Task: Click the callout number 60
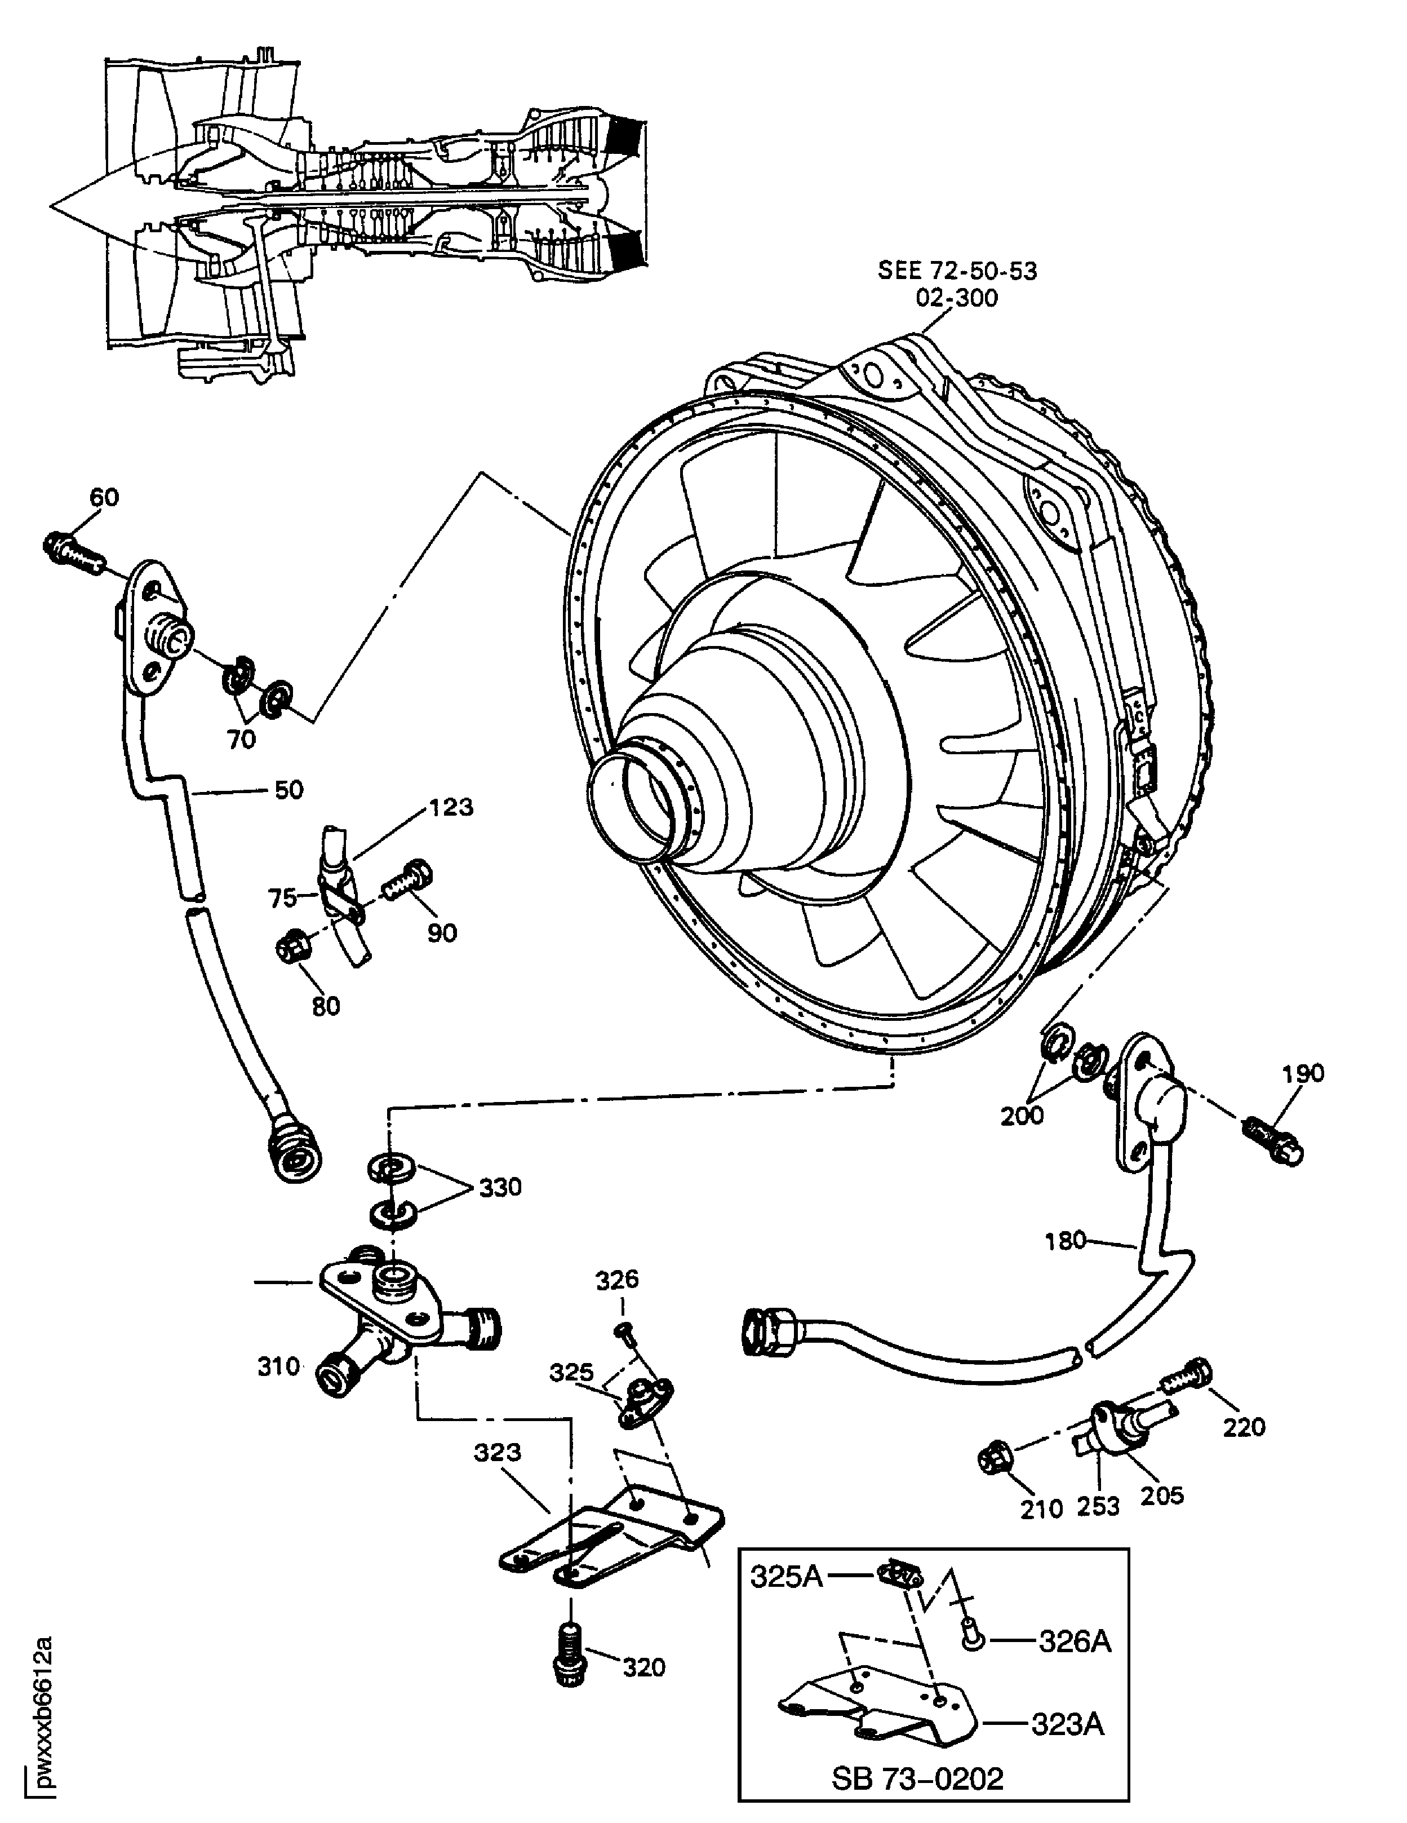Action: point(104,498)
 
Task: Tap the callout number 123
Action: point(451,807)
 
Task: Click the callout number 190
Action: point(1303,1073)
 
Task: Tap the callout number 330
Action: point(500,1187)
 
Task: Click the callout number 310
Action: point(279,1366)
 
